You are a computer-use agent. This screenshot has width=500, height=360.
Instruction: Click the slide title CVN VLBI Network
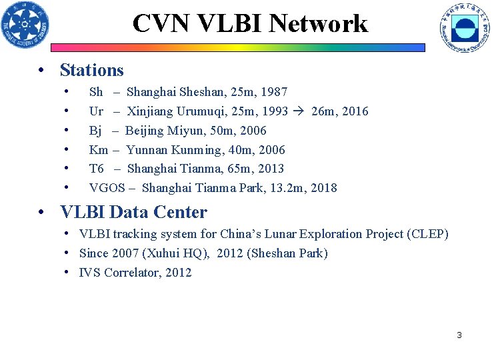[250, 23]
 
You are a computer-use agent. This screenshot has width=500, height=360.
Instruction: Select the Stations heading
[92, 70]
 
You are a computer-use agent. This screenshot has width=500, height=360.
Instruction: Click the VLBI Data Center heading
[133, 213]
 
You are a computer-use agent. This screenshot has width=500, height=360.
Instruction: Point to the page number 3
[459, 335]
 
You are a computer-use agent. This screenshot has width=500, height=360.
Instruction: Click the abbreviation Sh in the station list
[96, 92]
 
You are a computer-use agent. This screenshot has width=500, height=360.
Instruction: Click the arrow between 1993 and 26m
[299, 111]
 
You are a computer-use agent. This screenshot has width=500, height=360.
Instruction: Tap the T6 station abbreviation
[97, 169]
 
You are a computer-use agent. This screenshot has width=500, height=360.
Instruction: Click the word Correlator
[131, 273]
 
